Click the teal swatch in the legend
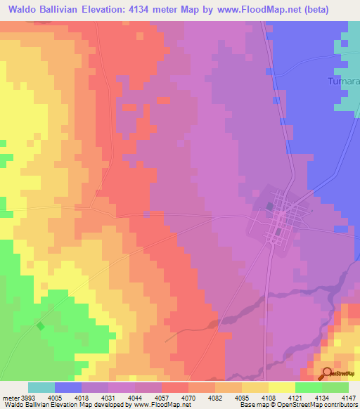pyautogui.click(x=41, y=387)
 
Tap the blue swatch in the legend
pyautogui.click(x=67, y=387)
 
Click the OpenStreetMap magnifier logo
pyautogui.click(x=326, y=373)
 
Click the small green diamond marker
pyautogui.click(x=40, y=325)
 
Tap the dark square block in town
pyautogui.click(x=271, y=206)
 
